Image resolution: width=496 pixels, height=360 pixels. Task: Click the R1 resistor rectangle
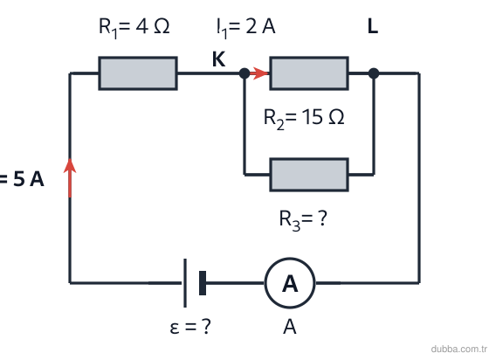[138, 73]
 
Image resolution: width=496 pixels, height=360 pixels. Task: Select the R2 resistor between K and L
[309, 73]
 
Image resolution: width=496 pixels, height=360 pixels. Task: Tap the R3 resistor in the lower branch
[309, 175]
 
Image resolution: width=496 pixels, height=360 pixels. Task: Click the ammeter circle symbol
[290, 283]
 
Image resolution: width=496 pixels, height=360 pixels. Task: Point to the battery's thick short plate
[203, 283]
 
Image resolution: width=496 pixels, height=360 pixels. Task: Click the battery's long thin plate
[185, 283]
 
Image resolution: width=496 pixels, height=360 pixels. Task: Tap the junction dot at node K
[245, 73]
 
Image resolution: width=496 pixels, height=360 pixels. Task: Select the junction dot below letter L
[374, 73]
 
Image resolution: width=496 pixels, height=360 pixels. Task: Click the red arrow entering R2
[259, 73]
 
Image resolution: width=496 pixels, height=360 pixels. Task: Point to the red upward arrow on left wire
[70, 177]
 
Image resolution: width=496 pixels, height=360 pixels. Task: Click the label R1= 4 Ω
[134, 28]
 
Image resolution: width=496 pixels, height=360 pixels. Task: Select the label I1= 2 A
[245, 28]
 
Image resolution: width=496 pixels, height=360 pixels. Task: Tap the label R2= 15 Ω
[304, 119]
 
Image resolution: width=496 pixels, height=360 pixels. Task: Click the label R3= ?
[303, 220]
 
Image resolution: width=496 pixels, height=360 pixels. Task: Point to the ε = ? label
[190, 326]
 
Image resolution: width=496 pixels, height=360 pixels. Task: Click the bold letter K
[219, 59]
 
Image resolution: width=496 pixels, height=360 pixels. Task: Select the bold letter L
[373, 26]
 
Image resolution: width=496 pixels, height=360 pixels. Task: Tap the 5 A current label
[22, 179]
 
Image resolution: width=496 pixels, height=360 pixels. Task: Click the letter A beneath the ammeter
[290, 327]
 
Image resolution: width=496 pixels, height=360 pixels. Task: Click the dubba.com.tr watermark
[459, 349]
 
